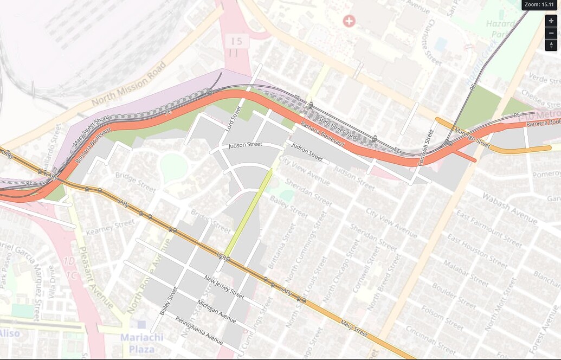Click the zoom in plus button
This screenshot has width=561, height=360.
(551, 21)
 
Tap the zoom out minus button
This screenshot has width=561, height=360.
(551, 33)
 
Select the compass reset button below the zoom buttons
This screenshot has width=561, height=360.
(551, 45)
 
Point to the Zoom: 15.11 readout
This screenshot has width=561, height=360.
(539, 4)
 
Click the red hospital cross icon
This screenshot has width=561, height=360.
(349, 21)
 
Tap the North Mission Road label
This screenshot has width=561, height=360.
(128, 84)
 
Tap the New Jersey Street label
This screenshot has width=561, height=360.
(224, 287)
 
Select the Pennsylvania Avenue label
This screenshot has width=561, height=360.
(198, 330)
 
